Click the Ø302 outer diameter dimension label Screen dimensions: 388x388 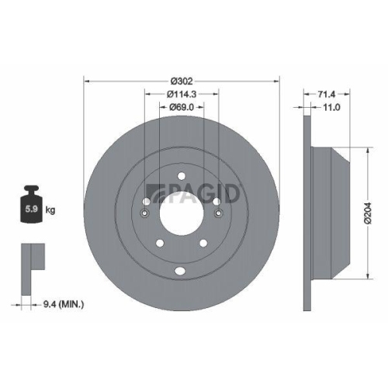click(183, 81)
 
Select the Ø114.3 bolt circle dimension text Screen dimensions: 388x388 click(183, 95)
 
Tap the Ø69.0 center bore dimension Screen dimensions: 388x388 click(183, 109)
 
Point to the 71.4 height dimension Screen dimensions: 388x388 click(327, 95)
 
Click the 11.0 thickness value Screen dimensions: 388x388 click(332, 109)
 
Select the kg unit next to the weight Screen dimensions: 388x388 click(50, 210)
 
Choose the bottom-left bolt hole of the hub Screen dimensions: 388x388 click(159, 244)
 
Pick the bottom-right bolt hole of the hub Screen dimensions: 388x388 click(203, 244)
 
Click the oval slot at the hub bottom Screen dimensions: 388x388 click(181, 271)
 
